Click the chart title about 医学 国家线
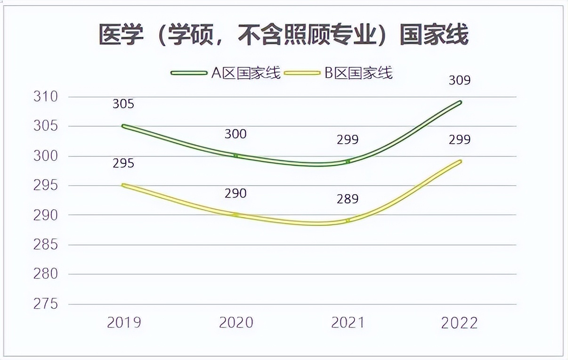click(284, 35)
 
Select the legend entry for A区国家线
click(226, 73)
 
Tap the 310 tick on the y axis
click(45, 97)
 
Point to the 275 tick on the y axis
click(45, 304)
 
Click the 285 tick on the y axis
click(45, 245)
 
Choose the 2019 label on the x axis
click(124, 323)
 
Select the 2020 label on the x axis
click(236, 323)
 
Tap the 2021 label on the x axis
click(348, 323)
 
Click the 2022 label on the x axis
click(459, 323)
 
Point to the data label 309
click(459, 81)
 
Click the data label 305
click(123, 104)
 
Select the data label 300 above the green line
click(235, 134)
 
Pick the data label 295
click(123, 164)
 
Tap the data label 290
click(235, 193)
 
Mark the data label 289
click(348, 199)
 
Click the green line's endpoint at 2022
click(460, 102)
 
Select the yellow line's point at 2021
click(348, 221)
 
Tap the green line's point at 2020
click(236, 155)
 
